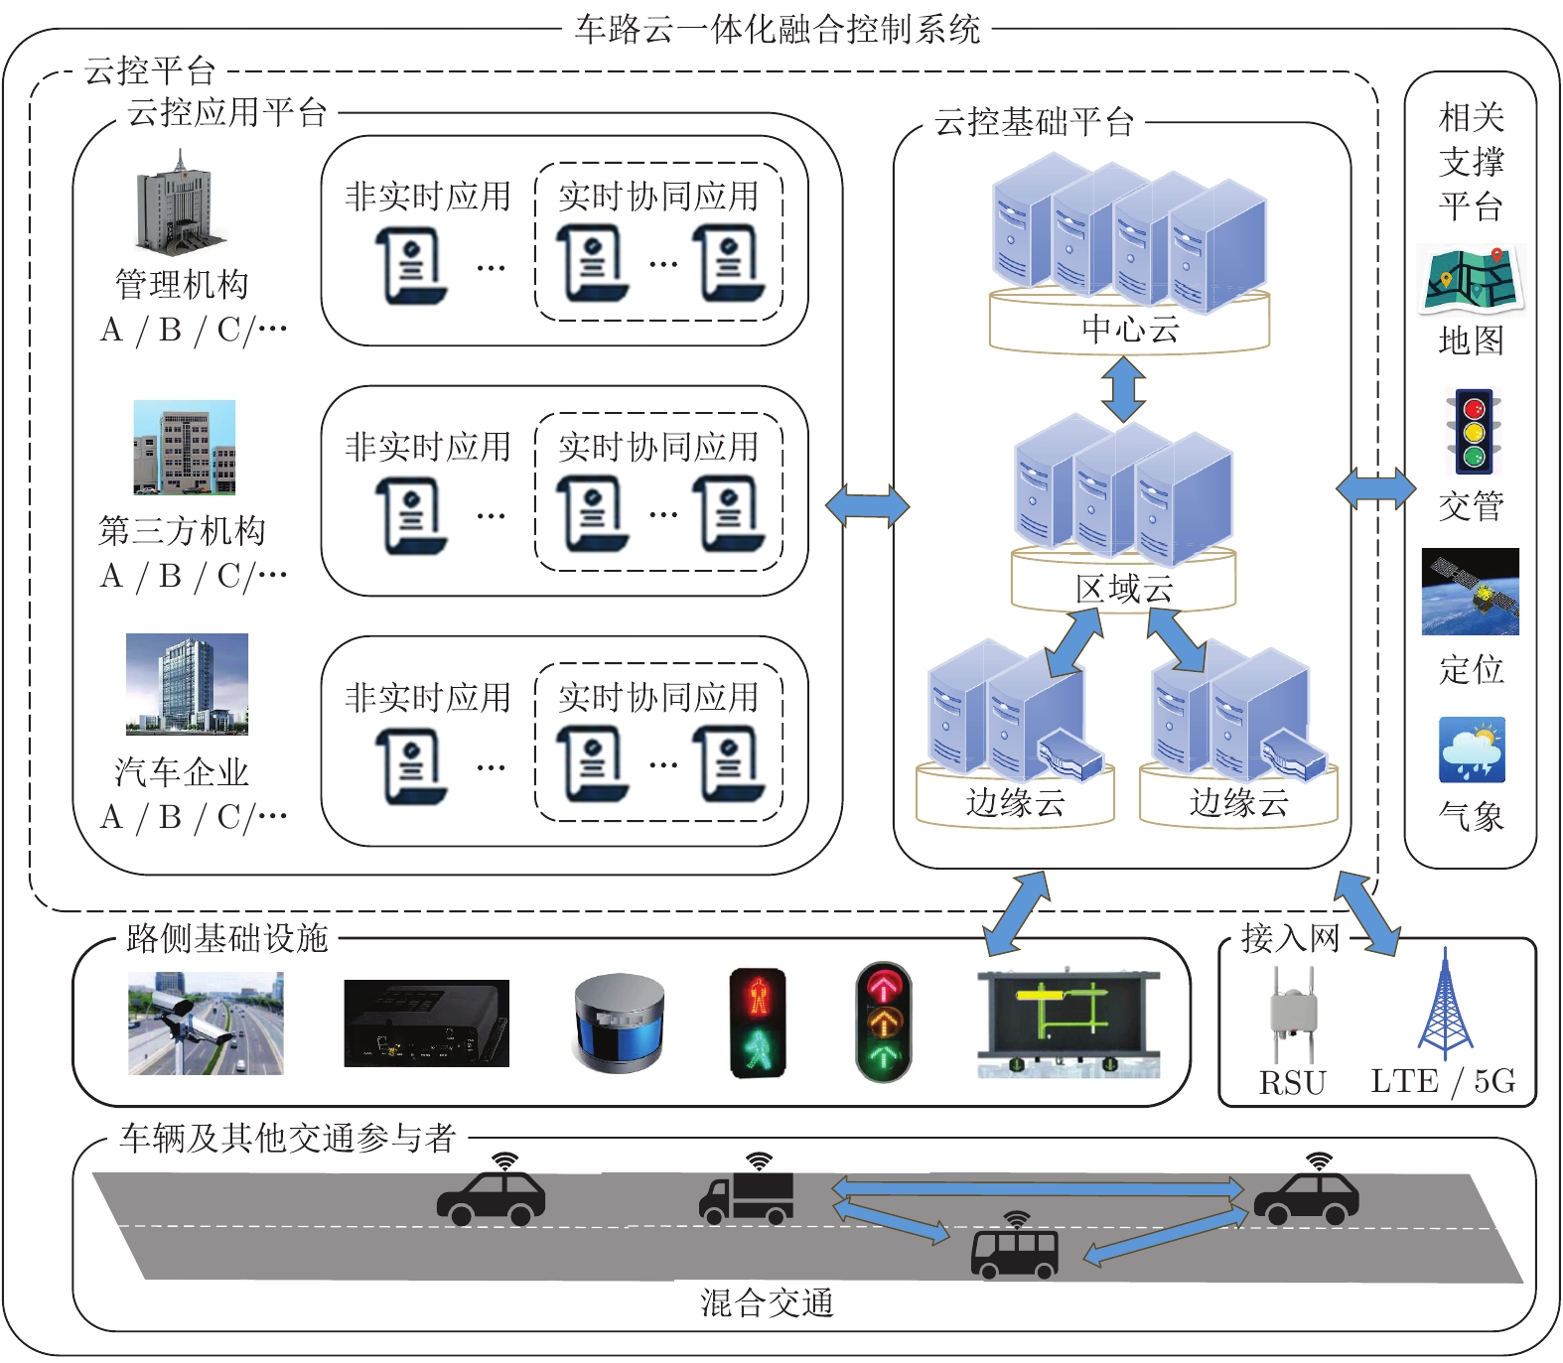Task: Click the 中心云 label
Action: point(1130,330)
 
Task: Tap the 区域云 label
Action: point(1124,589)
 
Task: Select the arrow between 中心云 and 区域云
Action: point(1123,388)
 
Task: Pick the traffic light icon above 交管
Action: point(1474,432)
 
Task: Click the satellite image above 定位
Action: point(1470,592)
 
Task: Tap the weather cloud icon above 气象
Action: point(1472,751)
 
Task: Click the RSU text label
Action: point(1292,1082)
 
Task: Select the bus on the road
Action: point(1014,1253)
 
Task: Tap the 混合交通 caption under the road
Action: point(767,1302)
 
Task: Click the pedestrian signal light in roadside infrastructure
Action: point(758,1023)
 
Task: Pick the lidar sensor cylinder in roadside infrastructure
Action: point(619,1023)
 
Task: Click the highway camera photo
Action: point(206,1023)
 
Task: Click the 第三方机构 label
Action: point(182,531)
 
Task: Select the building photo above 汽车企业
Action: point(187,684)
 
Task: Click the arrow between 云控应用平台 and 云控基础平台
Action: point(867,506)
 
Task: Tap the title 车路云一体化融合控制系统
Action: point(778,28)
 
